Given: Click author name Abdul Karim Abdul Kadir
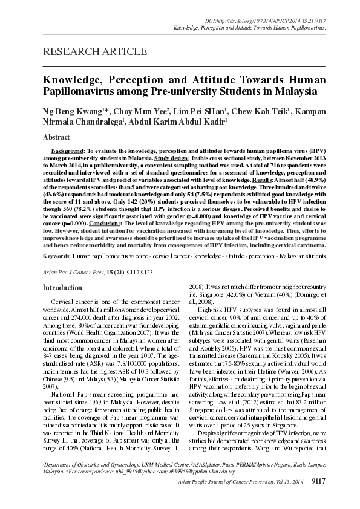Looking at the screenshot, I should click(x=176, y=123).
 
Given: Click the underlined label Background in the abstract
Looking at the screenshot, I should click(x=67, y=149).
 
